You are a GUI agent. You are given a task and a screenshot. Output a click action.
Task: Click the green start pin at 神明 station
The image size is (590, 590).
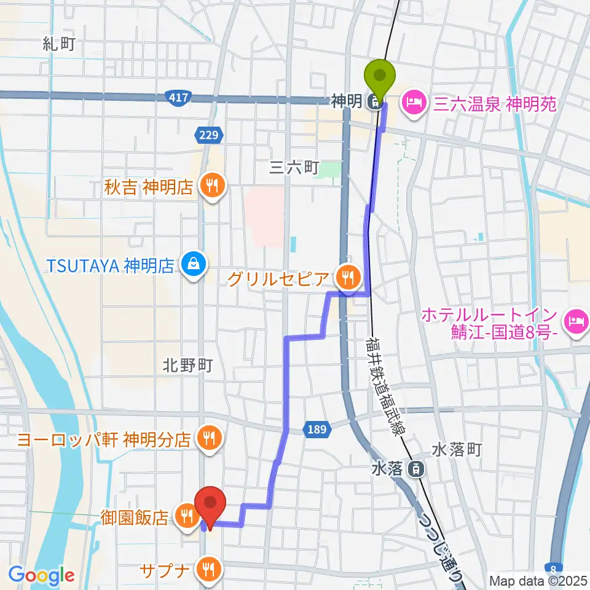pos(380,77)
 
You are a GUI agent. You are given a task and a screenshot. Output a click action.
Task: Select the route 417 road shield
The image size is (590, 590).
pos(179,98)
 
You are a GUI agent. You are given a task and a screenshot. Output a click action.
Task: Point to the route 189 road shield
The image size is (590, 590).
pos(314,428)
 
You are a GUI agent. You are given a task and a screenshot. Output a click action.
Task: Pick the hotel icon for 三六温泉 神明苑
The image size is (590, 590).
pos(410,101)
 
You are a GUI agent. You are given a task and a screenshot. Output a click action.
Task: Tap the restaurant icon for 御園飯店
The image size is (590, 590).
pos(184,514)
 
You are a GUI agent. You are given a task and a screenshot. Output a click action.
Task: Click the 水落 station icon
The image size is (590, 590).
pos(417,469)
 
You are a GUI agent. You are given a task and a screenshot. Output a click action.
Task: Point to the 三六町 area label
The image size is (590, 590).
pos(295,167)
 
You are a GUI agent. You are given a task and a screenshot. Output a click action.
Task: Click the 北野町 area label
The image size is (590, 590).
pos(187,366)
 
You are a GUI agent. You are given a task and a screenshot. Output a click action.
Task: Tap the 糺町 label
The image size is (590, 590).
pos(58,44)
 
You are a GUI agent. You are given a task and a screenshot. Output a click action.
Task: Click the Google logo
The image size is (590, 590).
pos(41,576)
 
